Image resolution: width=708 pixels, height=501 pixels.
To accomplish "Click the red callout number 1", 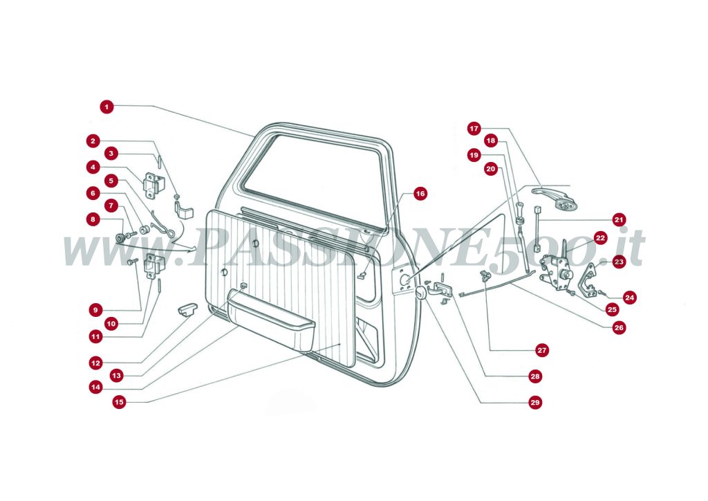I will (106, 107).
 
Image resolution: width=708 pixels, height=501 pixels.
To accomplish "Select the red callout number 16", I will (420, 194).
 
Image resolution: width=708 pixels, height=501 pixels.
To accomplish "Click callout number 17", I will (474, 128).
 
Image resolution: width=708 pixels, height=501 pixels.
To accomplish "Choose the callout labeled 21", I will (619, 219).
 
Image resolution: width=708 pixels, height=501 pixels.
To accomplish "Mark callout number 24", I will (629, 298).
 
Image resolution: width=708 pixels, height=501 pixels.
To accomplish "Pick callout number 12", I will (95, 362).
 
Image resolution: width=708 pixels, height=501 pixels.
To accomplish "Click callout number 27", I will (542, 351).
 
